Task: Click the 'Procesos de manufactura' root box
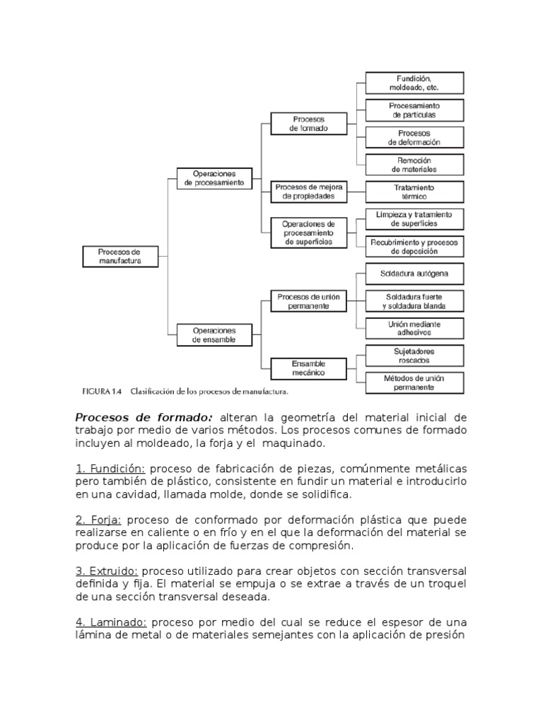[x=120, y=255]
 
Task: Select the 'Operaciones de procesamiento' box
[x=214, y=177]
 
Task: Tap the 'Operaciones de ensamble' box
[x=214, y=334]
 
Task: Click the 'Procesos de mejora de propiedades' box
[x=308, y=191]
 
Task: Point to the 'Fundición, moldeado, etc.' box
[x=414, y=83]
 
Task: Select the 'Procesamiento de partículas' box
[x=414, y=110]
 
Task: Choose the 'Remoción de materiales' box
[x=414, y=164]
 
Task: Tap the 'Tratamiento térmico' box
[x=414, y=192]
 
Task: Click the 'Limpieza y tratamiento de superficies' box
[x=414, y=218]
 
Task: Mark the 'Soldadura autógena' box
[x=414, y=273]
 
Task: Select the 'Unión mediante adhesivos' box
[x=414, y=328]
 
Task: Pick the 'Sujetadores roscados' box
[x=414, y=355]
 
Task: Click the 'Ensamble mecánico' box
[x=308, y=368]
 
